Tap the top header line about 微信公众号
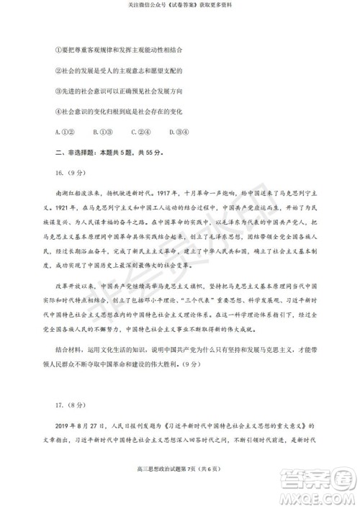coord(180,4)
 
